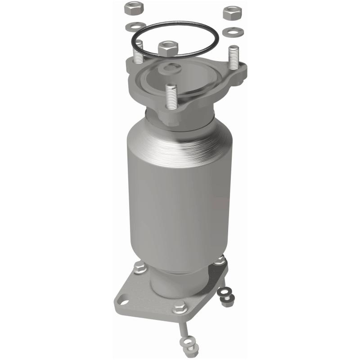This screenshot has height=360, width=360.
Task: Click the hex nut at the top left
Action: pyautogui.click(x=133, y=9)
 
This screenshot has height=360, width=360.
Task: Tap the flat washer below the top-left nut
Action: pyautogui.click(x=136, y=26)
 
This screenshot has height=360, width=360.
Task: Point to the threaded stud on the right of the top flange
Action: pyautogui.click(x=233, y=58)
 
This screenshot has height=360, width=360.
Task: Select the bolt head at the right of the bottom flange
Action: pyautogui.click(x=220, y=260)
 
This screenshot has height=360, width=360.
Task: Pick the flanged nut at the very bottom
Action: pyautogui.click(x=189, y=347)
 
